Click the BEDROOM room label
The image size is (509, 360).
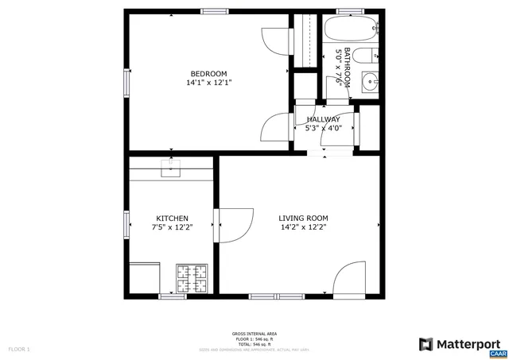(208, 74)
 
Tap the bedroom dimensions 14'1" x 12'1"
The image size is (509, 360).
(208, 83)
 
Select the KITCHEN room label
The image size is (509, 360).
(172, 219)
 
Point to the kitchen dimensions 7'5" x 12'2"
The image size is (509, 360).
(172, 227)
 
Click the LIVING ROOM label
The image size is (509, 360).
(303, 219)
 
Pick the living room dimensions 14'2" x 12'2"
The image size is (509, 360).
(303, 227)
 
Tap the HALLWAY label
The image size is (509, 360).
(324, 119)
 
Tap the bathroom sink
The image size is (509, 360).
(370, 81)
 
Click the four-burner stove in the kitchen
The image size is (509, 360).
(192, 280)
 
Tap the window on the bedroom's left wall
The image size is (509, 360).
(126, 82)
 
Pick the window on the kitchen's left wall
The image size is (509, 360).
(126, 223)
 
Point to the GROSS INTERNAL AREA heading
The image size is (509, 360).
(254, 334)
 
